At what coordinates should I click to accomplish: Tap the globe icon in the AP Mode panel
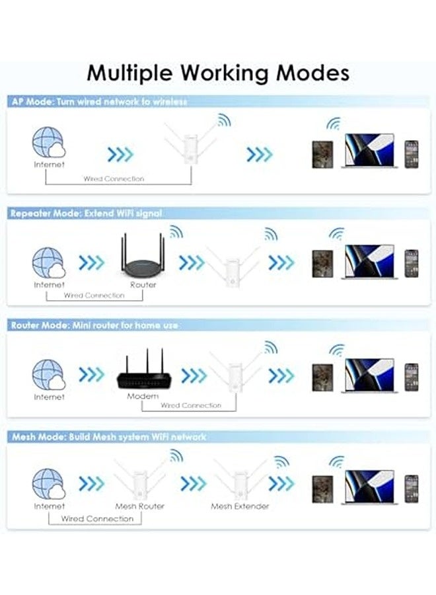click(x=48, y=142)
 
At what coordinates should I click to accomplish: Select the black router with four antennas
click(x=143, y=260)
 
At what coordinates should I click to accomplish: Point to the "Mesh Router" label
click(x=139, y=506)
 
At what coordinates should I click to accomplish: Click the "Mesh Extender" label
click(x=240, y=506)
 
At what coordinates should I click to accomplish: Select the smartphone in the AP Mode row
click(x=412, y=153)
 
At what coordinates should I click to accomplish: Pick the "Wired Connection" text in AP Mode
click(x=114, y=178)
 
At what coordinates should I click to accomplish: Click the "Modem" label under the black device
click(x=143, y=396)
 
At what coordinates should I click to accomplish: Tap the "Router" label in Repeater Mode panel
click(x=143, y=284)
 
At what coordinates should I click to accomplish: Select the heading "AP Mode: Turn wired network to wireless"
click(x=99, y=102)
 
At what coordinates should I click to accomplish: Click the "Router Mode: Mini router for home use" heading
click(x=94, y=325)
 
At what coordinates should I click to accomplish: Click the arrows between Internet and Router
click(x=91, y=262)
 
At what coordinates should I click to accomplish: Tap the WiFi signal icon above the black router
click(x=176, y=232)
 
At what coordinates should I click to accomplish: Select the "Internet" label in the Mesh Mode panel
click(x=50, y=506)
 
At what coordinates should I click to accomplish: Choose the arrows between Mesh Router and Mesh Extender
click(x=194, y=484)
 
